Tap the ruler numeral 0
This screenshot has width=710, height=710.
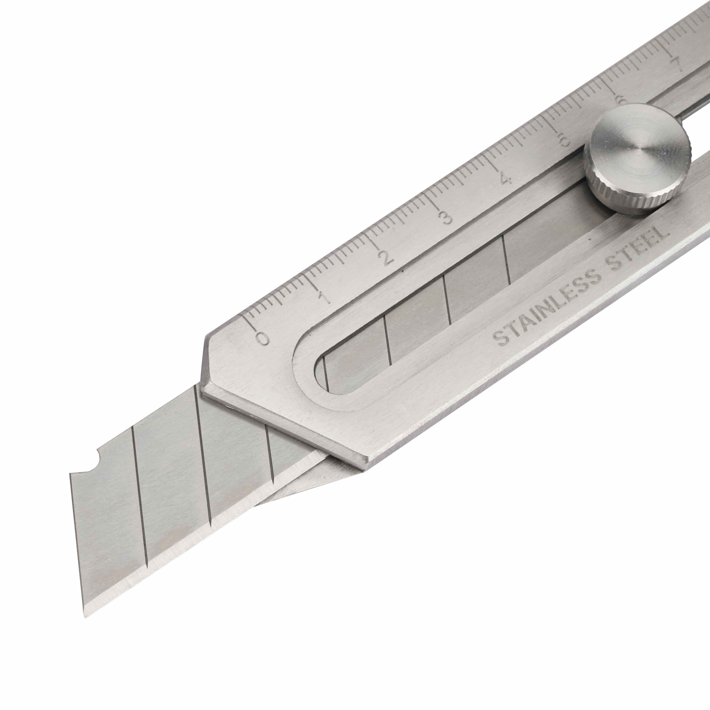click(x=262, y=338)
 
